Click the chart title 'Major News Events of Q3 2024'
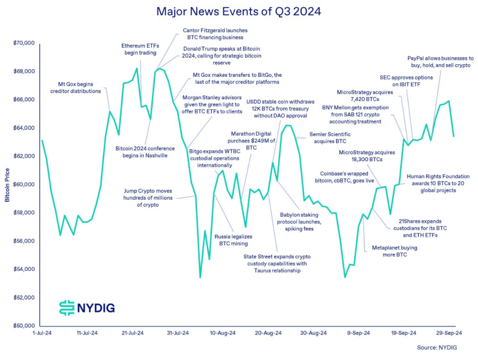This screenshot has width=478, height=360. click(239, 12)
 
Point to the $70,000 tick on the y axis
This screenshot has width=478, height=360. click(24, 43)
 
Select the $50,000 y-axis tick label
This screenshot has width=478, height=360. click(24, 325)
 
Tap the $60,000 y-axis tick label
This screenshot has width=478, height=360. click(24, 184)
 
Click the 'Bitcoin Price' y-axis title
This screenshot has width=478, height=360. click(7, 184)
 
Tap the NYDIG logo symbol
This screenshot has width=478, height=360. click(67, 307)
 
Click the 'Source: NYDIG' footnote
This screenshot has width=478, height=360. click(437, 347)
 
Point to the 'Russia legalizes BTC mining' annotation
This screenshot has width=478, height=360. click(231, 240)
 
